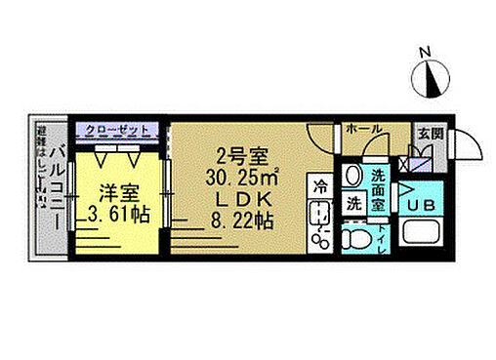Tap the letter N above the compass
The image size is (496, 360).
tap(424, 52)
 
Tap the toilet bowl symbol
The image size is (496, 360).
tap(357, 239)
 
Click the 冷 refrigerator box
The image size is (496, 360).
tap(320, 183)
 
